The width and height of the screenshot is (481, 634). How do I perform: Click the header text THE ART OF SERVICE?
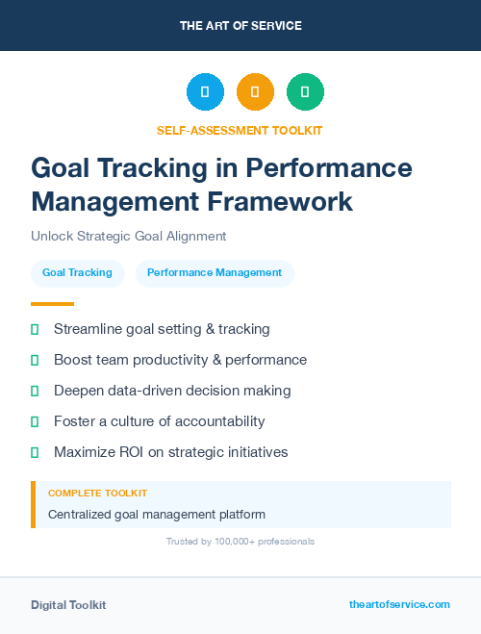(240, 26)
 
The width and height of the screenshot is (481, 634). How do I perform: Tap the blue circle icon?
(205, 92)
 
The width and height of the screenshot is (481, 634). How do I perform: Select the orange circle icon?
(255, 92)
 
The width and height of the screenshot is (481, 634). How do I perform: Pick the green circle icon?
(305, 92)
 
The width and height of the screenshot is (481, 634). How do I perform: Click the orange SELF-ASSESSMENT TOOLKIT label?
(240, 130)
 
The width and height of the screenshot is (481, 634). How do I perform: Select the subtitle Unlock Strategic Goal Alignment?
(128, 236)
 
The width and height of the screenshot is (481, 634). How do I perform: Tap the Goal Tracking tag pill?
(77, 273)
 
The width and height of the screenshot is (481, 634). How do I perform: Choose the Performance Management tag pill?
(215, 273)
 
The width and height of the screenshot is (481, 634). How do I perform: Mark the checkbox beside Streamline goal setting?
(35, 329)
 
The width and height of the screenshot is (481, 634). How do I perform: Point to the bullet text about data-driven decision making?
(172, 391)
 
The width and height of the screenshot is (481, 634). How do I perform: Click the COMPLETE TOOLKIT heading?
(97, 493)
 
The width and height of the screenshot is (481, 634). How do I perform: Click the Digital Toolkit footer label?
(68, 605)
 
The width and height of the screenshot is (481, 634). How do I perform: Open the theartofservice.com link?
(399, 604)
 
